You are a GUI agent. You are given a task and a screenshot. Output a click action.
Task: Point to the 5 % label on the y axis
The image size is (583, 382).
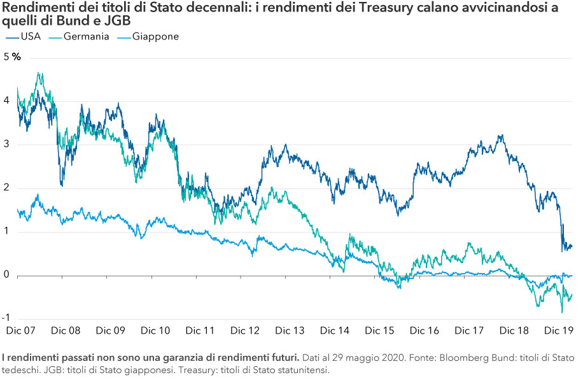(12, 57)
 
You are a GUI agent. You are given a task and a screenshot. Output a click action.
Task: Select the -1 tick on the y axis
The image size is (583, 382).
(6, 319)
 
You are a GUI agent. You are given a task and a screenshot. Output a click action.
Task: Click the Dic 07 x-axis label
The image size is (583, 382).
(20, 331)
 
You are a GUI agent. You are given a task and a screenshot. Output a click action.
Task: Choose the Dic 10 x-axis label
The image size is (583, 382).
(155, 331)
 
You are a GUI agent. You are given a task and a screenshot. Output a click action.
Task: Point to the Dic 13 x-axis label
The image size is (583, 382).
(290, 331)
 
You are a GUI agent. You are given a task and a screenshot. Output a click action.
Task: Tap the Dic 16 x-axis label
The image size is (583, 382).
(425, 331)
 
